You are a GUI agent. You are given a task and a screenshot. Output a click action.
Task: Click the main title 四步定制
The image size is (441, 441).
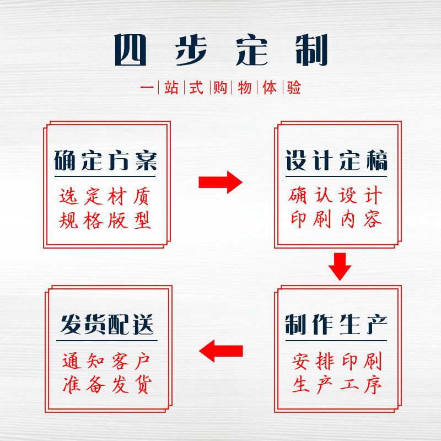(x=220, y=50)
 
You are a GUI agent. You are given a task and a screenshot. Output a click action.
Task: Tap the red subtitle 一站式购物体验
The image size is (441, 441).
(x=220, y=88)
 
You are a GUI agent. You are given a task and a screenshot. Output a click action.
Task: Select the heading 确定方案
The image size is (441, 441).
(x=105, y=160)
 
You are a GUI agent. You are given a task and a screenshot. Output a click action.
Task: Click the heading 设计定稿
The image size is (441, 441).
(x=336, y=160)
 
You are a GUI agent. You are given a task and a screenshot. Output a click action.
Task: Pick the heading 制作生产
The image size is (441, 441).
(x=336, y=325)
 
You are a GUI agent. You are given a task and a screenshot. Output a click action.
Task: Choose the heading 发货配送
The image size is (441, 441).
(x=106, y=325)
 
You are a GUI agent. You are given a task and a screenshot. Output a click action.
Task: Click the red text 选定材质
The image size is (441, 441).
(x=105, y=196)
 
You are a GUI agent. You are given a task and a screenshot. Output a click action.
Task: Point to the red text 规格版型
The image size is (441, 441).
(x=105, y=220)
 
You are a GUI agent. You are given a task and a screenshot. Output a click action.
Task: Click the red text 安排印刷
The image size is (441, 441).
(x=336, y=362)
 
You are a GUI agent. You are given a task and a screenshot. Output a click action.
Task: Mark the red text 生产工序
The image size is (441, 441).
(x=336, y=385)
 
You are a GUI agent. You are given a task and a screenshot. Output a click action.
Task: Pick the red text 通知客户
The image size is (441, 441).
(x=106, y=362)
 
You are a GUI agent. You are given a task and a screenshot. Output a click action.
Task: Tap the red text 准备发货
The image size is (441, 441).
(x=106, y=385)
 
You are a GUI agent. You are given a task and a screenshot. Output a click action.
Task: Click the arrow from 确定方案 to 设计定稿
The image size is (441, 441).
(x=220, y=182)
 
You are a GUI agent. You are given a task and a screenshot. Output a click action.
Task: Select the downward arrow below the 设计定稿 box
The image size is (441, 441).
(x=340, y=266)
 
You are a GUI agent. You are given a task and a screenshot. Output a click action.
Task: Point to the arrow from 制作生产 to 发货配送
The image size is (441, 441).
(x=220, y=351)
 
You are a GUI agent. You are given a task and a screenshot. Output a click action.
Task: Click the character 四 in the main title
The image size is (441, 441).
(x=131, y=50)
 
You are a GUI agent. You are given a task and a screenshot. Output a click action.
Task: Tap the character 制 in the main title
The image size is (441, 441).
(x=310, y=50)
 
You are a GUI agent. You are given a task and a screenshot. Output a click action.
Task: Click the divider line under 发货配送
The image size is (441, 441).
(x=106, y=341)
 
